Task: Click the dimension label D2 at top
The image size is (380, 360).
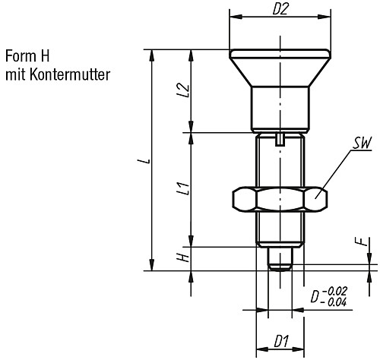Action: pyautogui.click(x=281, y=10)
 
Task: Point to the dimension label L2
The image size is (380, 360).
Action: pyautogui.click(x=182, y=92)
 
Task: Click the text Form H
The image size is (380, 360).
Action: pyautogui.click(x=27, y=57)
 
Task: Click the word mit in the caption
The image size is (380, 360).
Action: pyautogui.click(x=14, y=74)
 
